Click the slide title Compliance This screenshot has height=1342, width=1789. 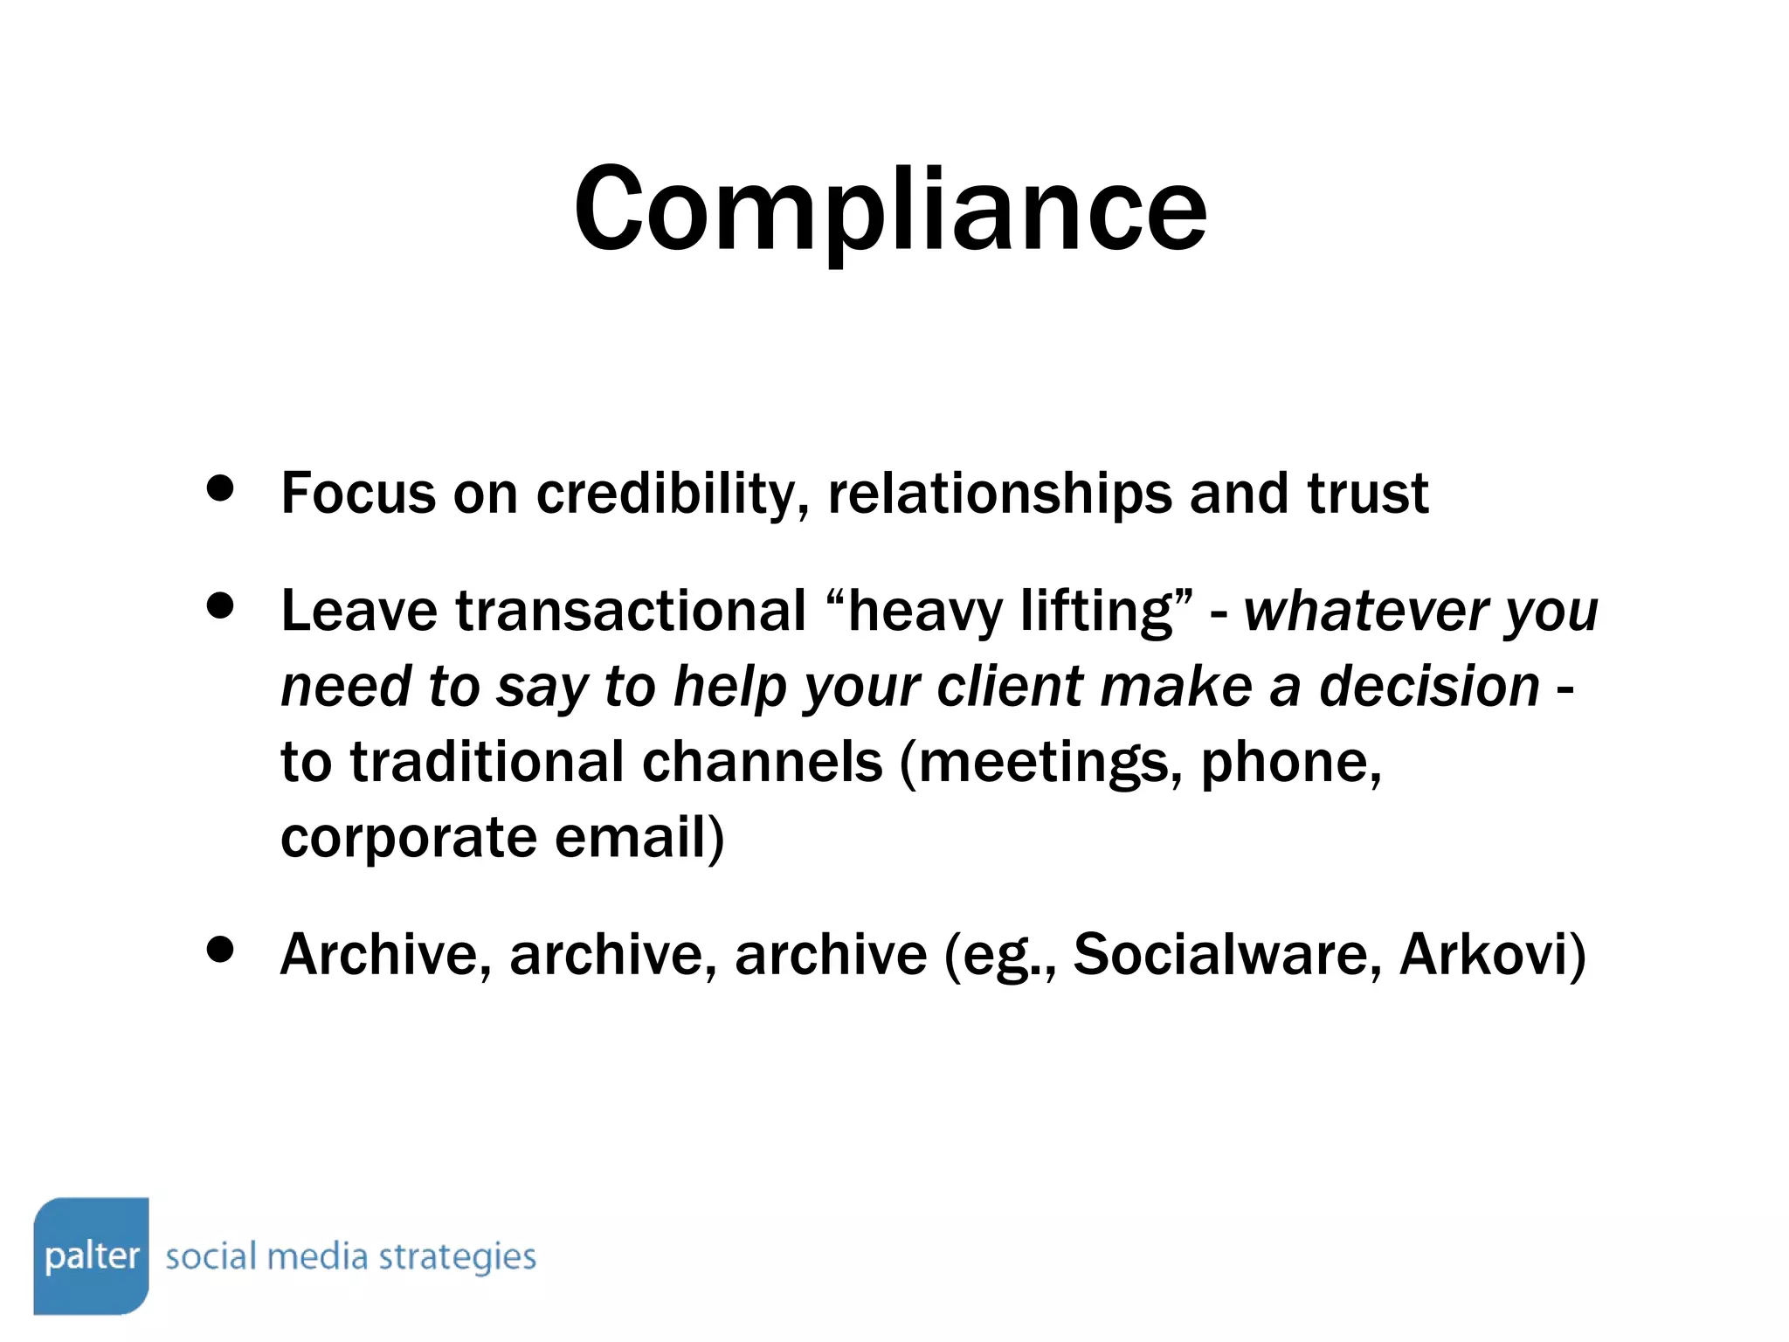(890, 210)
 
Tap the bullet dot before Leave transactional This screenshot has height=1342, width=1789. (221, 605)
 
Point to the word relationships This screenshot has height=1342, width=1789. (999, 494)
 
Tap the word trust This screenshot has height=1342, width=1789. (1368, 494)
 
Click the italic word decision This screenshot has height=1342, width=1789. (1429, 686)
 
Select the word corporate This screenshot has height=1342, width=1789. (408, 837)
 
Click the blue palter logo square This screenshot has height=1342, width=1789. (91, 1255)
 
